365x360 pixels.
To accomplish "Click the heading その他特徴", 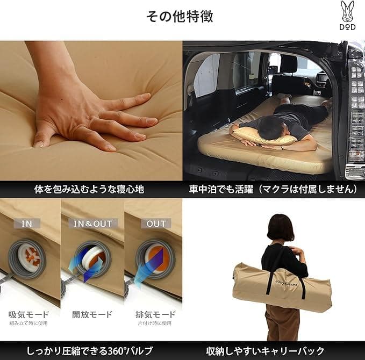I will coord(180,16).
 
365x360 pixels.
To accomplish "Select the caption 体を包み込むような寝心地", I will coord(91,190).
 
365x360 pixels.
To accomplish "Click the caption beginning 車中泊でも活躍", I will coord(273,190).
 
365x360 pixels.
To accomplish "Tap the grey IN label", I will coord(27,224).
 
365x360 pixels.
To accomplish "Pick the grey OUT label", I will coord(156,224).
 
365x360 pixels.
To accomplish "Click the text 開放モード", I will coord(92,314).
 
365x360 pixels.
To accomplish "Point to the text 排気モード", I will coord(156,314).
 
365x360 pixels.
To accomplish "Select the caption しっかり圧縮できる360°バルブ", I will coord(91,350).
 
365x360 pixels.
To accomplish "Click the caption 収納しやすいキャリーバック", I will coord(273,350).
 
